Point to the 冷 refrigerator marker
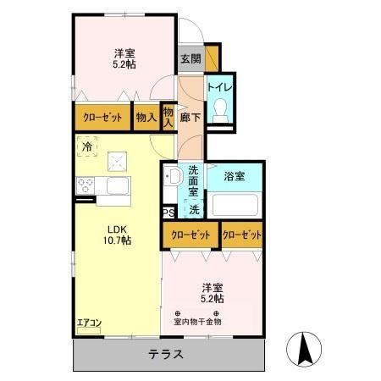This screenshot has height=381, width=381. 87,147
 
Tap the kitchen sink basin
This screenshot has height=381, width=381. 119,185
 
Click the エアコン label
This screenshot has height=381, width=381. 89,323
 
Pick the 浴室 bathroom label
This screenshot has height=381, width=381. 235,177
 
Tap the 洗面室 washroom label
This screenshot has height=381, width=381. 194,179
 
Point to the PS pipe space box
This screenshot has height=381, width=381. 168,213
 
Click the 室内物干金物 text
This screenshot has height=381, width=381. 197,321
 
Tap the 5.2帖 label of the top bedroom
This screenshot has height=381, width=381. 124,62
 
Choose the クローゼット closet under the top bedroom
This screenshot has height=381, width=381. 102,118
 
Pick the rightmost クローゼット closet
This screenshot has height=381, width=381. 241,234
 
